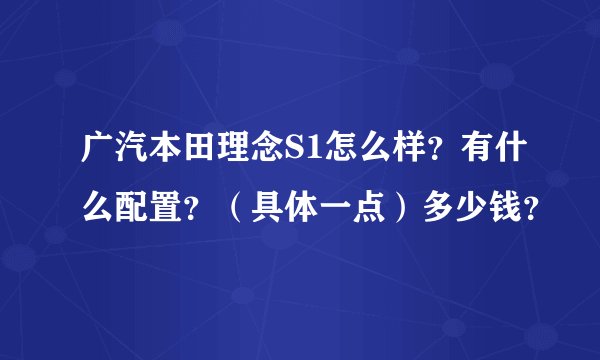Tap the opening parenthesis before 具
coord(227,204)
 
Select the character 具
coord(263,204)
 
